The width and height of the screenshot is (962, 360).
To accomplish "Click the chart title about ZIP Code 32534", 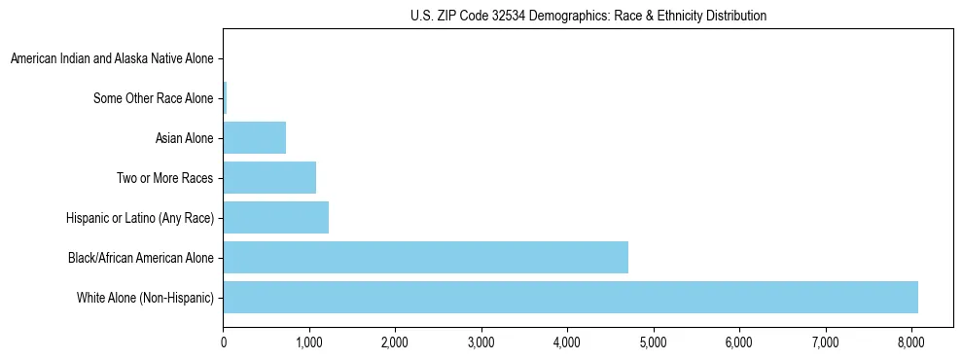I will [x=588, y=16].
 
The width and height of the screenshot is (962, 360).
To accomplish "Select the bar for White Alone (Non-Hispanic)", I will [x=570, y=297].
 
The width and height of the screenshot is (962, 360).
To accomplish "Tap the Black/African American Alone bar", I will [x=425, y=257].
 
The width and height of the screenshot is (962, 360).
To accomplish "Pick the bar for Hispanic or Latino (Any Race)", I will [x=275, y=217].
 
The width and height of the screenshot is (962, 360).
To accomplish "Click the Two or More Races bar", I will [x=269, y=177].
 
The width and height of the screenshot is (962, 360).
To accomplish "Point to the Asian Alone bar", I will [x=254, y=137].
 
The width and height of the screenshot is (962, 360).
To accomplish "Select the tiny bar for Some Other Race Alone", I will [x=225, y=97].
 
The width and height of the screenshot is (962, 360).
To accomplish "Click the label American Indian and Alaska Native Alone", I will [x=112, y=58].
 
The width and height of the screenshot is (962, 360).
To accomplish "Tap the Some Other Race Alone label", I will [x=153, y=98].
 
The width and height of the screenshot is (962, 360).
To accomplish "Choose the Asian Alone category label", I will [x=184, y=138].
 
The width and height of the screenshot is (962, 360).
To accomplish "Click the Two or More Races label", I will [x=164, y=178].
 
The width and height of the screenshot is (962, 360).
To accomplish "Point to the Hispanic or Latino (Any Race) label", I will [x=140, y=218].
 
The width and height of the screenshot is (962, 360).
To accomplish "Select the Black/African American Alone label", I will [x=141, y=258].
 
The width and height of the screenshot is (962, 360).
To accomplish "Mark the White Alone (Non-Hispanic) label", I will [x=145, y=298].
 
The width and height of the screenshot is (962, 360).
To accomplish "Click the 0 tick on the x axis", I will [x=224, y=342].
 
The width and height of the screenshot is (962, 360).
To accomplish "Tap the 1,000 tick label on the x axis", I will [x=309, y=342].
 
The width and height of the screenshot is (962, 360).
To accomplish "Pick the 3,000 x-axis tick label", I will [x=481, y=342].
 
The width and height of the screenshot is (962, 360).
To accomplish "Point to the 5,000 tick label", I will [x=653, y=342].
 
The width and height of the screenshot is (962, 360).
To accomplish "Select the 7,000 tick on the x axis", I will [x=825, y=342].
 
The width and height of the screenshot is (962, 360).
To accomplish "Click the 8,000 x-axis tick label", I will [x=910, y=342].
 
